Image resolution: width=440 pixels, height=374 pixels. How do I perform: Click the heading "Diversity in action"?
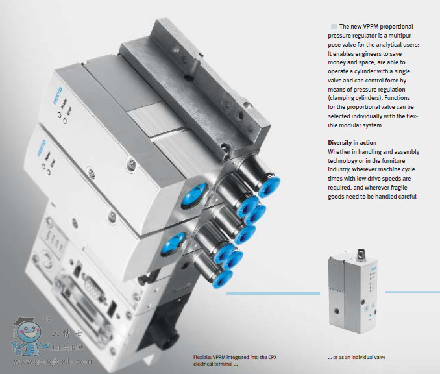[x=352, y=143]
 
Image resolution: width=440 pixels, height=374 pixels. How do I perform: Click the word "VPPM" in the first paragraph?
[x=371, y=27]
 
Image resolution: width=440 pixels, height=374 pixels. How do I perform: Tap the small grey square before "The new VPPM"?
[x=334, y=27]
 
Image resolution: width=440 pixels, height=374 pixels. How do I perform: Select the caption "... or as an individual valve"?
[x=357, y=357]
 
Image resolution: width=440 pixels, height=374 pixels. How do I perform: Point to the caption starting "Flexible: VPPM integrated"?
[x=235, y=360]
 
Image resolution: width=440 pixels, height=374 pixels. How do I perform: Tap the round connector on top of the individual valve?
[x=361, y=254]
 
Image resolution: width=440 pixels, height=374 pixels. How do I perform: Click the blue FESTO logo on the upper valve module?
[x=58, y=96]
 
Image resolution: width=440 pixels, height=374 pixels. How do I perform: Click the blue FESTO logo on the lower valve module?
[x=42, y=148]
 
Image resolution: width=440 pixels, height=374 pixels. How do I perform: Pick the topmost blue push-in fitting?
[x=269, y=186]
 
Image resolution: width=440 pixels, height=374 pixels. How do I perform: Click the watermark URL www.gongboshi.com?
[x=53, y=362]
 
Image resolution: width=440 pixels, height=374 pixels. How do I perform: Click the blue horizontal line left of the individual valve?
[x=273, y=293]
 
